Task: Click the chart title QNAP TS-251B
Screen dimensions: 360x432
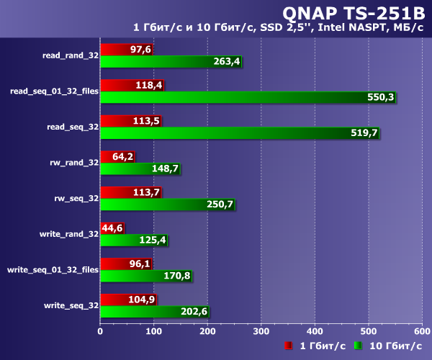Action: (x=350, y=12)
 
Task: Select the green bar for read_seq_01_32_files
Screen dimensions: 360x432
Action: (x=245, y=97)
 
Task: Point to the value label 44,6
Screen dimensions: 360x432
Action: (x=111, y=228)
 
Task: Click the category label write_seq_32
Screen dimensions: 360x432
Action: (x=72, y=305)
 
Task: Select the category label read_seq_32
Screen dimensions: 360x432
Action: (x=72, y=127)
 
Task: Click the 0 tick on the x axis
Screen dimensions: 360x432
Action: (x=100, y=331)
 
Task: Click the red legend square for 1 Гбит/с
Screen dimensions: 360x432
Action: (x=288, y=346)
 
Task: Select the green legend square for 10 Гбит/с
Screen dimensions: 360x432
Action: (x=358, y=346)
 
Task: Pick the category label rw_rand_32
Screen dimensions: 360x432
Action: (x=74, y=163)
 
